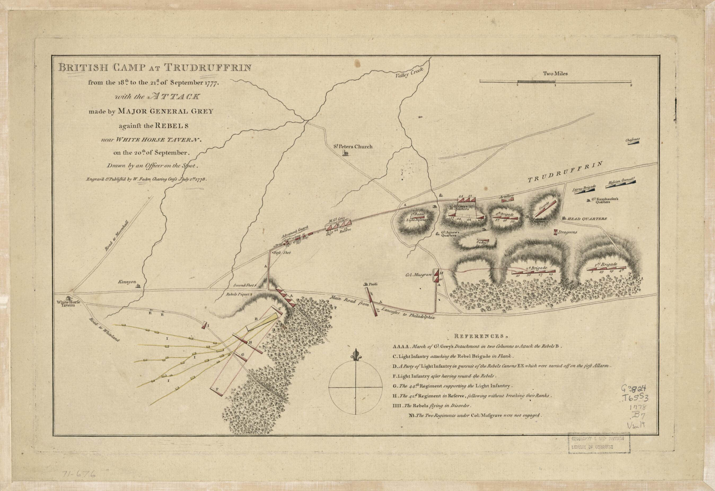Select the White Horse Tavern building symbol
coord(68,298)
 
